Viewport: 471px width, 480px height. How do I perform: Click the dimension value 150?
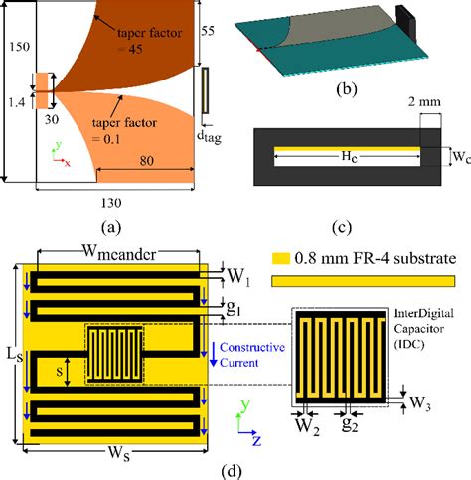pos(17,47)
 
